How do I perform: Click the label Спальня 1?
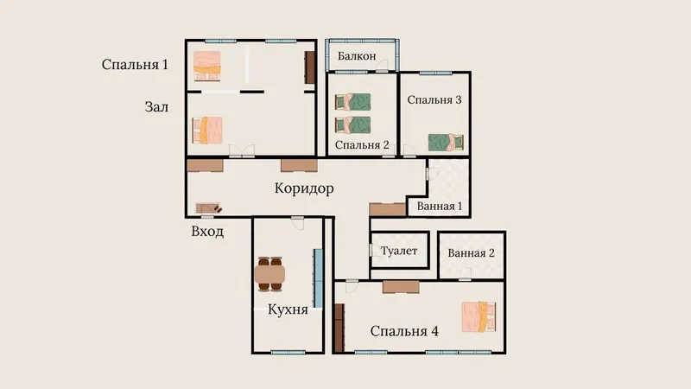click(135, 64)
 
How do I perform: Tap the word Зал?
click(156, 106)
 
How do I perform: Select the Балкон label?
click(357, 56)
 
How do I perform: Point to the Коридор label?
click(304, 188)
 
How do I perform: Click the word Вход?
click(207, 231)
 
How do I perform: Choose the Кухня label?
click(288, 309)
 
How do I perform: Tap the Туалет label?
click(399, 251)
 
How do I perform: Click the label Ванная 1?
click(440, 206)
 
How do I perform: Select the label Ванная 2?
click(471, 253)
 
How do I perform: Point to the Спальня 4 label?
click(404, 331)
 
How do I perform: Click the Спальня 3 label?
click(434, 99)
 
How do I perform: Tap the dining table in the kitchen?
click(269, 274)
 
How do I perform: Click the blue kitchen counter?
click(318, 278)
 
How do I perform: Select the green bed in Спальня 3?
click(446, 143)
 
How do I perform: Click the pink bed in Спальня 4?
click(479, 316)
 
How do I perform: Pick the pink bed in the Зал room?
click(207, 131)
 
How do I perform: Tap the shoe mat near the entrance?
click(207, 207)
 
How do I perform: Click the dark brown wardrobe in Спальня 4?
click(339, 328)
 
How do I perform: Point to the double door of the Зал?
click(242, 151)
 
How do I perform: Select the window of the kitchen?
click(288, 353)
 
